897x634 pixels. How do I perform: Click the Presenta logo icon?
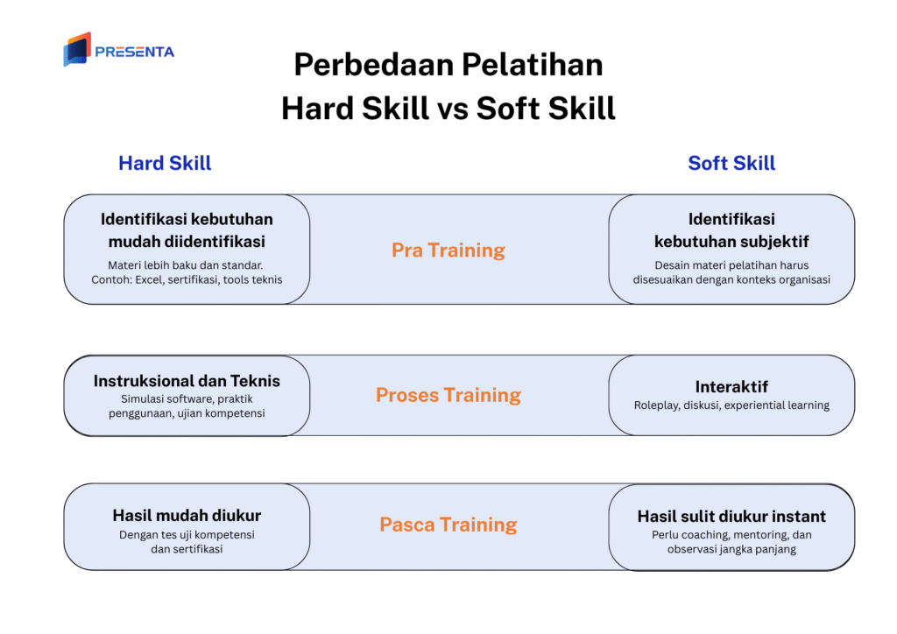77,50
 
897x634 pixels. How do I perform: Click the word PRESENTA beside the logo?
134,52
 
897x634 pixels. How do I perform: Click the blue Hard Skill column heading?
165,163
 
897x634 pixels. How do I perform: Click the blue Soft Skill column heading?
731,163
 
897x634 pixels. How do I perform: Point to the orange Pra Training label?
448,250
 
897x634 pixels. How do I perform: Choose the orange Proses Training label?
448,395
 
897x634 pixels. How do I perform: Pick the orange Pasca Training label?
448,525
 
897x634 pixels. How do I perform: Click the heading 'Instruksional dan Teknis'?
187,381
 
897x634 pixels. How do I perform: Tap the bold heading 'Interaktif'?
731,386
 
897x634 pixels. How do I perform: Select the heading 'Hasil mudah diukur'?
187,515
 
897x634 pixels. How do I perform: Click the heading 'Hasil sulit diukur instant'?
731,516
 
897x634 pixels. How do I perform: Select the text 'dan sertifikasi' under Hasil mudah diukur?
187,549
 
